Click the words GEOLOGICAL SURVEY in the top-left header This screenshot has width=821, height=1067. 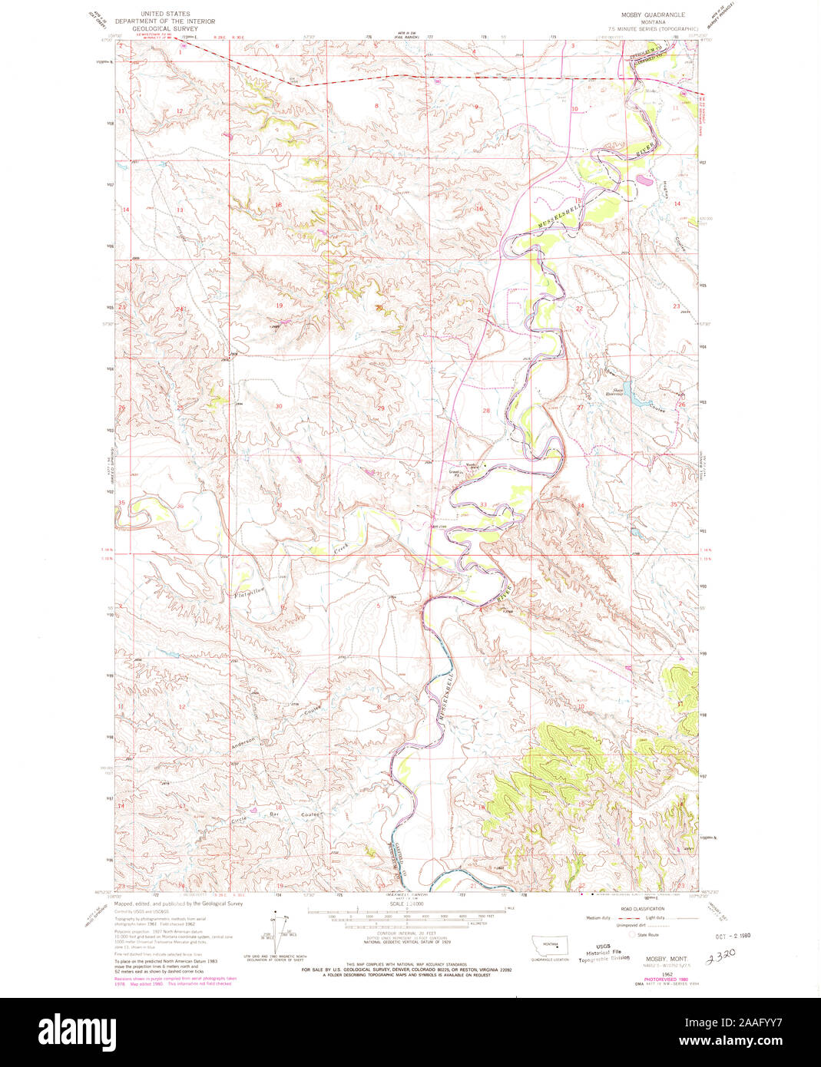click(164, 28)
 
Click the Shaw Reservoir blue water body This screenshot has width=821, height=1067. click(624, 391)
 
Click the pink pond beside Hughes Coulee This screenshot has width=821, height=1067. click(641, 181)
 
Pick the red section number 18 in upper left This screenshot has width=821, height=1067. click(279, 205)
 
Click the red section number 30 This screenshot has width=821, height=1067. click(279, 406)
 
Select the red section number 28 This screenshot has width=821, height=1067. click(485, 411)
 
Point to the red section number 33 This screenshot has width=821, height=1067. click(483, 504)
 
